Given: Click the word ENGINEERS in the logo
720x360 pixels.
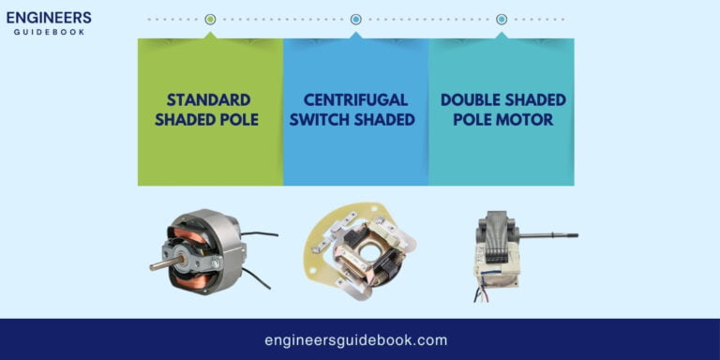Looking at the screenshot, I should [49, 17].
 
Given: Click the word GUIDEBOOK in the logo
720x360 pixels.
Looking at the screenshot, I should [49, 32].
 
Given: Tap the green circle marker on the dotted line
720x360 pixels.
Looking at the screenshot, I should [210, 19].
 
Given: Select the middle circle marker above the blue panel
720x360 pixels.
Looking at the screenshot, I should [356, 19].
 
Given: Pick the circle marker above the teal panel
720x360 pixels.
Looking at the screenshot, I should [502, 19].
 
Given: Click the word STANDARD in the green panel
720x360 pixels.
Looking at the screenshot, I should [209, 99].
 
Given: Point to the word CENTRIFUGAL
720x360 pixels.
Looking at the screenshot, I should [355, 99].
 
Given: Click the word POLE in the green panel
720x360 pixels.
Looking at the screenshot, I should [236, 120].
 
